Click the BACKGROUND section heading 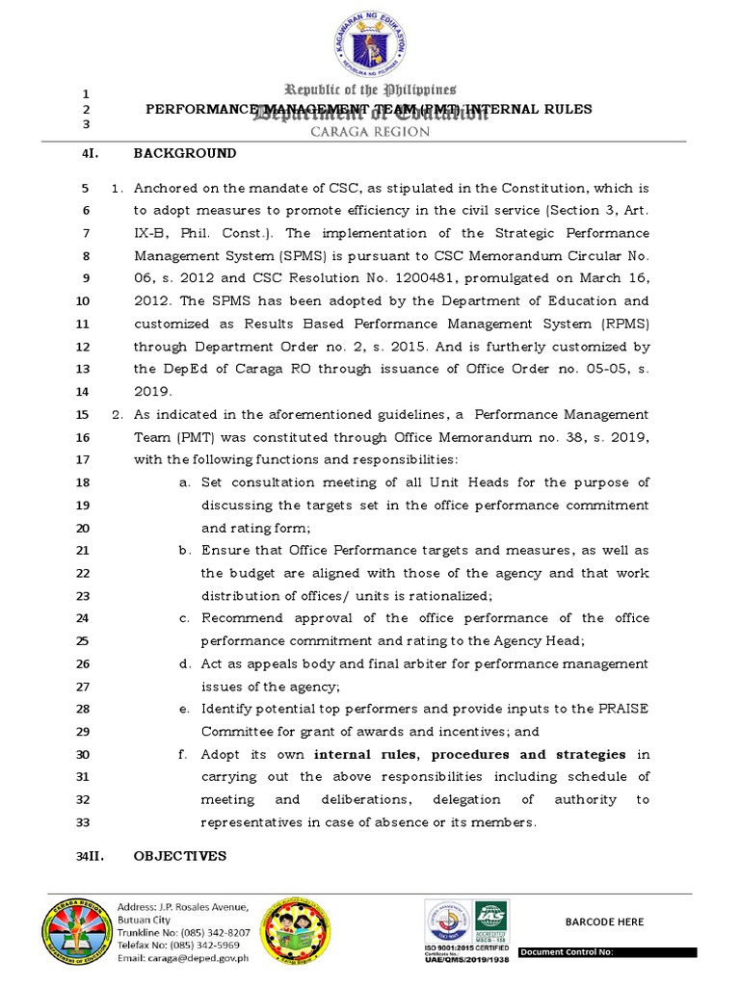click(x=184, y=153)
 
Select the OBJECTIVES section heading click(x=179, y=855)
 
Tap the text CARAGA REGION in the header click(x=369, y=132)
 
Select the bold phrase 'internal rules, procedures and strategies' click(x=470, y=754)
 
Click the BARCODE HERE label click(x=604, y=921)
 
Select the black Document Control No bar click(x=607, y=953)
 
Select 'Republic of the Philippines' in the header click(x=369, y=90)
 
